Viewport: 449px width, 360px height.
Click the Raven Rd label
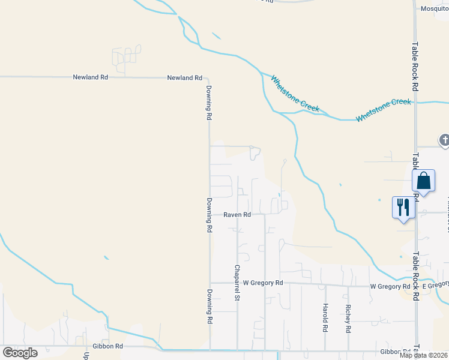pyautogui.click(x=237, y=214)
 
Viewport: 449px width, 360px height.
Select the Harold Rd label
pyautogui.click(x=325, y=319)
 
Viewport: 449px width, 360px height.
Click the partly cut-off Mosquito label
pyautogui.click(x=434, y=8)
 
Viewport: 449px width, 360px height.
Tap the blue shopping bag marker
pyautogui.click(x=423, y=181)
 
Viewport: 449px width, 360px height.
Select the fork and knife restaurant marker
pyautogui.click(x=403, y=208)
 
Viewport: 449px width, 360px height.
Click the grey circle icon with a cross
pyautogui.click(x=444, y=140)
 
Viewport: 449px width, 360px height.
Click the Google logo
pyautogui.click(x=20, y=353)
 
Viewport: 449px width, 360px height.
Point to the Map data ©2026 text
pyautogui.click(x=423, y=355)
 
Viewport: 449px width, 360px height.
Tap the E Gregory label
pyautogui.click(x=435, y=286)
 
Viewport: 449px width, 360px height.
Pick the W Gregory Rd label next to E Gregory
pyautogui.click(x=390, y=287)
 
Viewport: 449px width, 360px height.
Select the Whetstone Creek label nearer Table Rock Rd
pyautogui.click(x=384, y=110)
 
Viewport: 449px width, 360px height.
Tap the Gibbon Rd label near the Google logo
pyautogui.click(x=108, y=346)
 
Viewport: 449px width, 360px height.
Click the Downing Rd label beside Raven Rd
pyautogui.click(x=209, y=215)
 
